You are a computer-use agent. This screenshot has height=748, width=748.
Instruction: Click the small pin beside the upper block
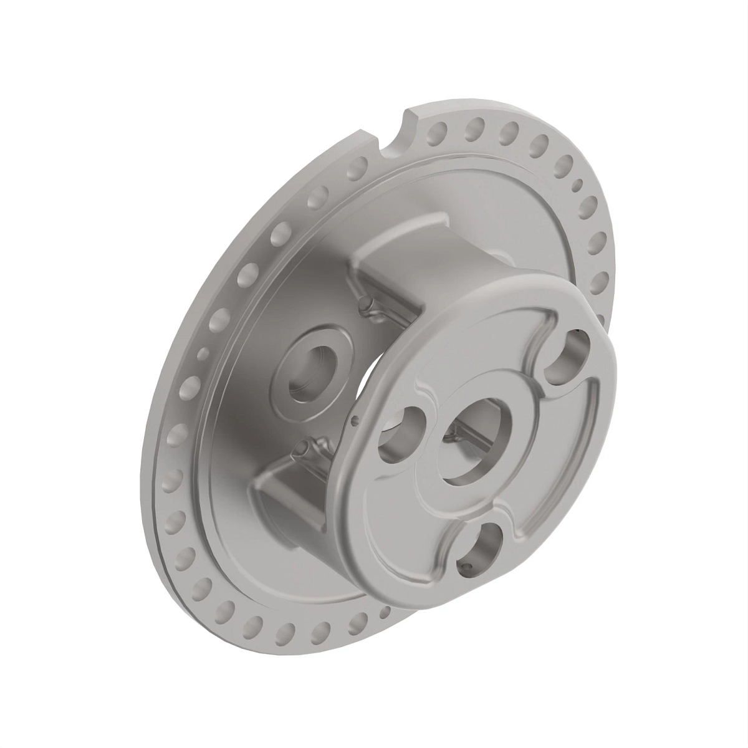point(368,310)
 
